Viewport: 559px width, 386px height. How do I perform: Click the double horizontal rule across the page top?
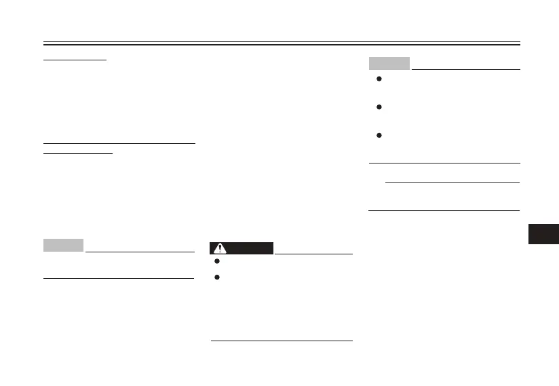point(281,43)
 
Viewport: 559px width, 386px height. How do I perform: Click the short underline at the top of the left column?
point(75,60)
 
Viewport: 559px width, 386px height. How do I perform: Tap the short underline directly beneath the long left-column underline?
point(78,153)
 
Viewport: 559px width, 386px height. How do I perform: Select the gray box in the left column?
point(63,245)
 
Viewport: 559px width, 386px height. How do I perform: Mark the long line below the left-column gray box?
point(119,277)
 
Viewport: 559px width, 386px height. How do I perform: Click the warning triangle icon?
point(220,248)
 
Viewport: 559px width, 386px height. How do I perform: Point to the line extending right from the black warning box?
point(313,254)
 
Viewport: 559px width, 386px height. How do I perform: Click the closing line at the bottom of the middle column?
point(282,341)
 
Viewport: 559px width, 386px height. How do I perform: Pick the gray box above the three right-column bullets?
point(389,63)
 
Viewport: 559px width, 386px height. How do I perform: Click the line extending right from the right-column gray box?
point(466,69)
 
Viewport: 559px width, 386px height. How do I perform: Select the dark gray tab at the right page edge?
point(543,232)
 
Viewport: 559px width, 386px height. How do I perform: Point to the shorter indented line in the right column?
point(452,182)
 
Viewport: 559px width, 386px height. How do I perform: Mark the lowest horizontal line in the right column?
point(444,210)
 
